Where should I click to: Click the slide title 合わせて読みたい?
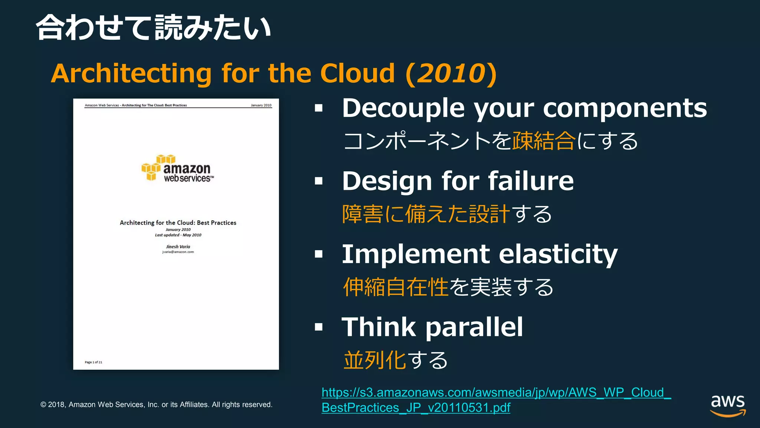tap(153, 28)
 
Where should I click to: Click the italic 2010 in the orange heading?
tap(451, 73)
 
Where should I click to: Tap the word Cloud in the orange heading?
tap(357, 73)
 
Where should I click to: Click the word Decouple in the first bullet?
tap(403, 108)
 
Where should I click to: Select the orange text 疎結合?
tap(544, 141)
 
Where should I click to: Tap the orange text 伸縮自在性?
tap(396, 287)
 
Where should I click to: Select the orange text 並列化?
tap(375, 360)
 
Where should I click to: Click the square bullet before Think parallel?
tap(319, 327)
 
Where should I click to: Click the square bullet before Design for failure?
tap(319, 181)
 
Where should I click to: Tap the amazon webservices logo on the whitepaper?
tap(178, 169)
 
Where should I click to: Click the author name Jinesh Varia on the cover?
tap(178, 247)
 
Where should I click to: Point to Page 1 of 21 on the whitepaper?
tap(94, 362)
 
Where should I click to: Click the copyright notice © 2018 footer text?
tap(156, 405)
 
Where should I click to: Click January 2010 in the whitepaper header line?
tap(261, 105)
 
